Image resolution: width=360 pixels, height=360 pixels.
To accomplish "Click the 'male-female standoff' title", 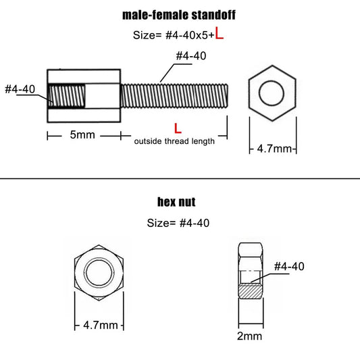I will coord(179,15).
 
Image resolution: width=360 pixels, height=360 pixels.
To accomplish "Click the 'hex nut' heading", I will coord(180,202).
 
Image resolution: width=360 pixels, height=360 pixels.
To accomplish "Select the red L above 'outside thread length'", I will coord(177,127).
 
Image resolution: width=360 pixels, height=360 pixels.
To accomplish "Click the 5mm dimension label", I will coord(82,135).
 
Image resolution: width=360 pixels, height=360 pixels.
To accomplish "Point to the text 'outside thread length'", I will coord(174,141).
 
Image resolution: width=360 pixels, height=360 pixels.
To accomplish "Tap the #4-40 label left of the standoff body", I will coord(20,89).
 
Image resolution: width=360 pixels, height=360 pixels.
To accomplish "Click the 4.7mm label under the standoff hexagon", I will coord(274,148).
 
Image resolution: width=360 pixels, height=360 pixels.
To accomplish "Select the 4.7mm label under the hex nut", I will coord(99,325).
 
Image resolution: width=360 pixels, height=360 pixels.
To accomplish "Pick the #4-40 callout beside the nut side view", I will coord(289,267).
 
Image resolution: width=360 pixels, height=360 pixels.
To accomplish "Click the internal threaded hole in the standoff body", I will coord(67,97).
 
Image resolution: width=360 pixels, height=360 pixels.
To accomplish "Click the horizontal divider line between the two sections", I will coord(180,178).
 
